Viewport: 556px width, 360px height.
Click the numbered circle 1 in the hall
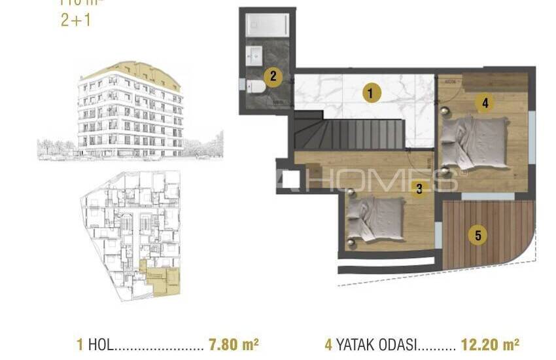tap(370, 94)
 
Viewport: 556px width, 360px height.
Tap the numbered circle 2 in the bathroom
tap(273, 76)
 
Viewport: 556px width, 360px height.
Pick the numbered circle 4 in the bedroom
tap(484, 102)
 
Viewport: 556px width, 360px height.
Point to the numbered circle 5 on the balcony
tap(478, 235)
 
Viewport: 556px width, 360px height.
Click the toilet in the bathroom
tap(256, 86)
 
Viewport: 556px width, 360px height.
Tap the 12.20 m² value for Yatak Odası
tap(490, 344)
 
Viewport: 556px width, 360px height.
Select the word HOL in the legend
tap(100, 344)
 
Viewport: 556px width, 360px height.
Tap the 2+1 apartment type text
tap(75, 20)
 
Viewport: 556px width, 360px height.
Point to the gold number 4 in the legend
tap(328, 344)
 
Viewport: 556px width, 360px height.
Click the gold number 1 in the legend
tap(80, 344)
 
